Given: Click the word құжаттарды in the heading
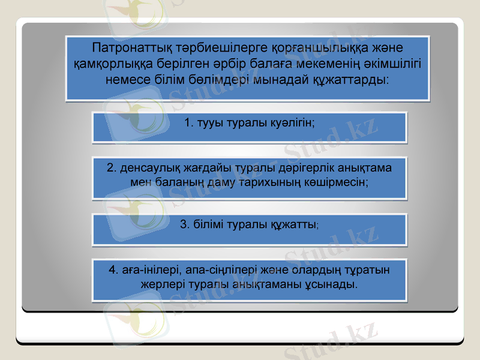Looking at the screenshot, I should tap(350, 79).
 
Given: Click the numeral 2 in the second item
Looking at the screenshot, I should tap(110, 167).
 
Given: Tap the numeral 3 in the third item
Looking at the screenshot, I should tap(184, 224).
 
